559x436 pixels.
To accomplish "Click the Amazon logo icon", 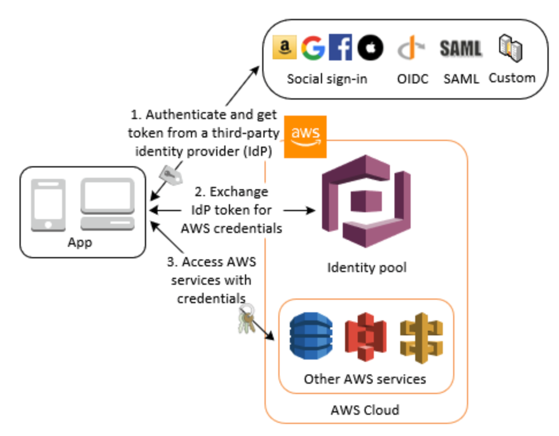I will point(284,48).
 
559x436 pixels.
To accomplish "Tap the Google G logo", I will point(313,48).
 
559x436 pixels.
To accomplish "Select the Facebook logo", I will point(340,48).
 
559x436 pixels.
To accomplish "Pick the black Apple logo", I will point(370,48).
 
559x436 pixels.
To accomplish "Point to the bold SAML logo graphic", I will point(461,49).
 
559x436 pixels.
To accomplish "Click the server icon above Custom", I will point(510,48).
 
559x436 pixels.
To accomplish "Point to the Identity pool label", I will point(366,267).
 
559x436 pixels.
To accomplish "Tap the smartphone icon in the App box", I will point(48,205).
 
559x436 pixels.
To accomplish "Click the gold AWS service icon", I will point(422,336).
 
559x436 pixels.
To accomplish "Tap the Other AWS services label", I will point(365,379).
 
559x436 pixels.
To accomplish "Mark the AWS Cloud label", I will point(365,410).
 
